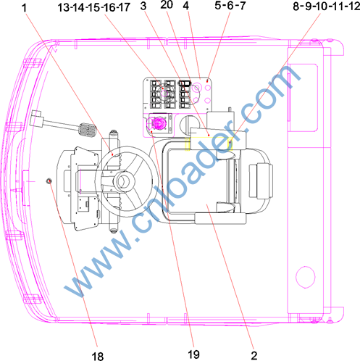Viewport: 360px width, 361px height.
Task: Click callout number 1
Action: coord(24,8)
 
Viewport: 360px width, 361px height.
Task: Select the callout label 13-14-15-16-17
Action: coord(94,7)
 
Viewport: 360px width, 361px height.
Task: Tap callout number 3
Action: coord(143,7)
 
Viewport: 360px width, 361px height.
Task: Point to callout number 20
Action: coord(167,5)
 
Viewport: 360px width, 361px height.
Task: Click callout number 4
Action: coord(186,6)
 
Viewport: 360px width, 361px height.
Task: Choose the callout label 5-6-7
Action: coord(230,6)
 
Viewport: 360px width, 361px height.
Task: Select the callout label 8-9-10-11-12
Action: coord(327,7)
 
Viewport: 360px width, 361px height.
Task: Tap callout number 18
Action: coord(98,356)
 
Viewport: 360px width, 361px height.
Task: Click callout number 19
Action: coord(193,354)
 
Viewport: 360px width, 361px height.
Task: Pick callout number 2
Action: coord(254,356)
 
